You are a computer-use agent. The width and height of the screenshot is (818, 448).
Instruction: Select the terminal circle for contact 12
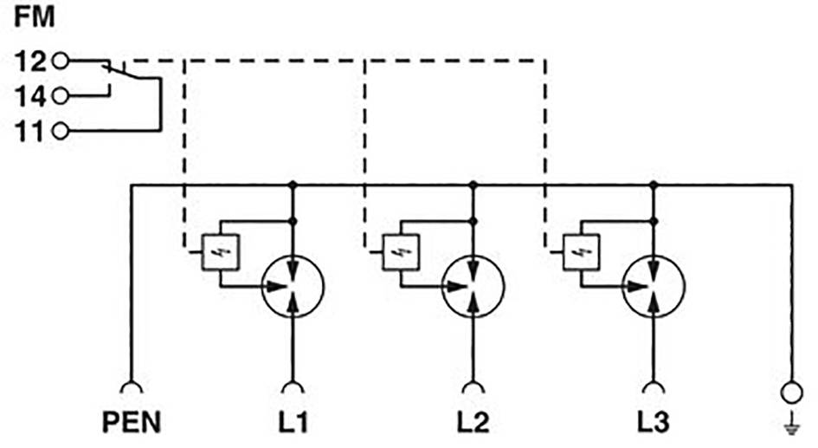tap(61, 61)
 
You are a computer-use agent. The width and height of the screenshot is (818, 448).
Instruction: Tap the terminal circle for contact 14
tap(61, 95)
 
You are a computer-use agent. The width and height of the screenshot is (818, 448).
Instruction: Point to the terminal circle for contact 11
tap(61, 131)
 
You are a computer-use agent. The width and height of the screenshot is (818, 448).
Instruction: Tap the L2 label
tap(473, 423)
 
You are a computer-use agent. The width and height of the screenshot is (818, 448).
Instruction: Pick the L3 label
tap(654, 423)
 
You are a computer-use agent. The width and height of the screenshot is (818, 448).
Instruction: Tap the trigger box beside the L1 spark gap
tap(220, 252)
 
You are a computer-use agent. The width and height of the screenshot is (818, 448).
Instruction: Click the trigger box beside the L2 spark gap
tap(400, 252)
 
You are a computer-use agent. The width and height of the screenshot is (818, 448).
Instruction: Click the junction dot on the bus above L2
tap(473, 185)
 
